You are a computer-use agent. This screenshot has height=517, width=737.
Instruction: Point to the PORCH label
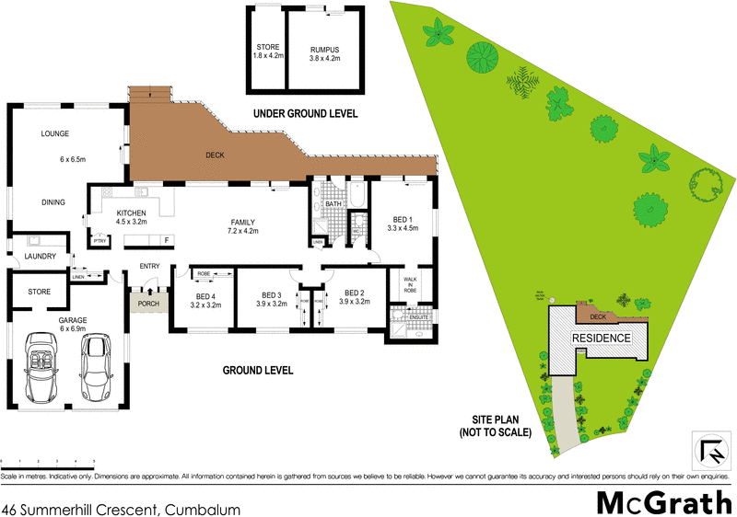point(148,303)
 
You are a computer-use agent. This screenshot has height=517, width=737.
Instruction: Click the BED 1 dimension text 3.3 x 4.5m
point(404,228)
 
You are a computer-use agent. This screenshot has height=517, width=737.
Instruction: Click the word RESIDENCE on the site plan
point(602,339)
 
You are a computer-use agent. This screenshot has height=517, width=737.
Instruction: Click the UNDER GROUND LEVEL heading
point(305,114)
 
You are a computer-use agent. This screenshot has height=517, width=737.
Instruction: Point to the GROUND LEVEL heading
point(258,371)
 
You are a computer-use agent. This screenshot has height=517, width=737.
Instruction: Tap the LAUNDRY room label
point(41,257)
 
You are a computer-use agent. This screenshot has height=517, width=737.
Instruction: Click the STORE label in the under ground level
point(267,46)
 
